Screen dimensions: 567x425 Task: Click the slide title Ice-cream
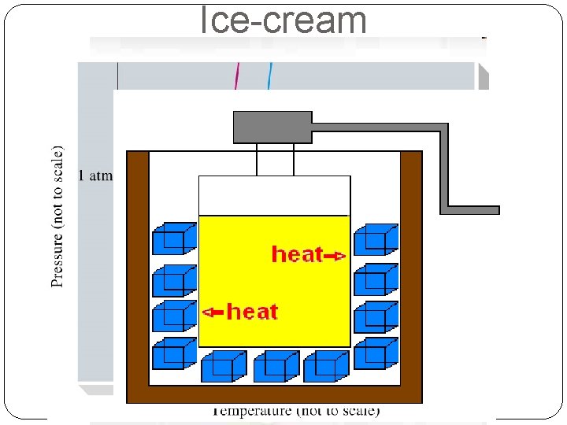[x=283, y=20]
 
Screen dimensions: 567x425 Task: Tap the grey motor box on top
[x=272, y=128]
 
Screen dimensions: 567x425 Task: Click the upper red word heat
[x=297, y=254]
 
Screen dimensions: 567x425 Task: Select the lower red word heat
[x=252, y=312]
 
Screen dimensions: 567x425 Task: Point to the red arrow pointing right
[x=335, y=255]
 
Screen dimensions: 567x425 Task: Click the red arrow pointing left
[x=213, y=312]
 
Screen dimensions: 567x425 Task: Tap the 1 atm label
[x=95, y=176]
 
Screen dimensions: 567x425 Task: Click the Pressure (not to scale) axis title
[x=57, y=216]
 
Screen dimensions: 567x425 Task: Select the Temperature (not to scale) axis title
[x=295, y=411]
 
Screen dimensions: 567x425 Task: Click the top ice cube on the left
[x=173, y=238]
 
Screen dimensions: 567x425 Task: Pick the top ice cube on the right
[x=376, y=239]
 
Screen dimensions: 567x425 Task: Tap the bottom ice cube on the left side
[x=173, y=353]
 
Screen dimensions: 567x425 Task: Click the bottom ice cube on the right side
[x=376, y=353]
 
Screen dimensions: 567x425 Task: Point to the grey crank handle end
[x=472, y=210]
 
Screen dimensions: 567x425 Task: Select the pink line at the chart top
[x=238, y=76]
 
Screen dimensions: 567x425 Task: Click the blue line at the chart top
[x=269, y=76]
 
